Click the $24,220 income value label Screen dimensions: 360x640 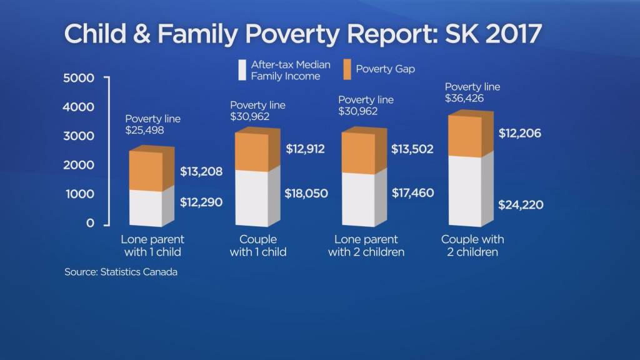[520, 204]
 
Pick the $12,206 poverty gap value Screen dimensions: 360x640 [520, 133]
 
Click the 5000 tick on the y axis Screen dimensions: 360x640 [79, 78]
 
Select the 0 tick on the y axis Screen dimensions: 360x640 [91, 223]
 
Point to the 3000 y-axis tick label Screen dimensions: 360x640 [79, 136]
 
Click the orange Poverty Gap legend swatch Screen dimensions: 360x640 [347, 69]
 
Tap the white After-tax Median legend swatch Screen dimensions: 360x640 [242, 70]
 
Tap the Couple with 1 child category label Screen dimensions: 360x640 [258, 246]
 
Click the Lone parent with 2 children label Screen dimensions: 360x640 [366, 246]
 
